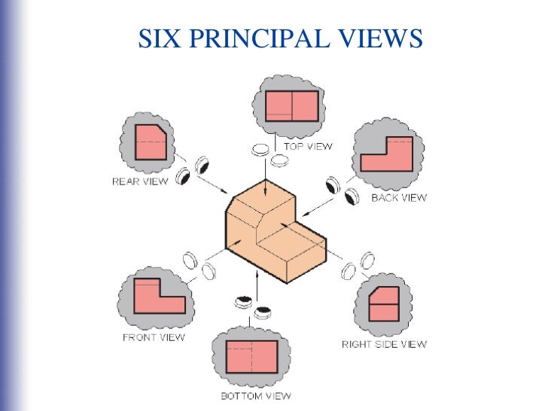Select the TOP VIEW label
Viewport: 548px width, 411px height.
(x=307, y=147)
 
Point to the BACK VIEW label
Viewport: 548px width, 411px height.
(x=399, y=198)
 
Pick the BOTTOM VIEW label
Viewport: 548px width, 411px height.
(x=255, y=396)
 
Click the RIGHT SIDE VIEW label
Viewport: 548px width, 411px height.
(x=384, y=344)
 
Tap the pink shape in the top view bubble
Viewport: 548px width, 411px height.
(x=291, y=106)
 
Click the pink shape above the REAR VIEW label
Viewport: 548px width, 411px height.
(x=150, y=141)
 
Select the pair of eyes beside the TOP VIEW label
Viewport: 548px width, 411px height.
(x=269, y=154)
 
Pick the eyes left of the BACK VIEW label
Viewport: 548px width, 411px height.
(x=341, y=190)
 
